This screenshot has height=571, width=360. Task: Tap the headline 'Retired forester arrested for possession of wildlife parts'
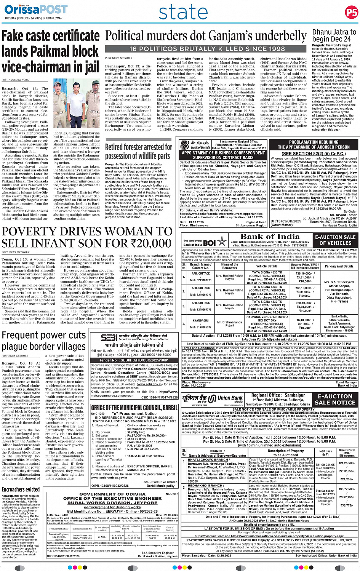[139, 151]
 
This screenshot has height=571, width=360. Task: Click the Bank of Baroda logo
[195, 145]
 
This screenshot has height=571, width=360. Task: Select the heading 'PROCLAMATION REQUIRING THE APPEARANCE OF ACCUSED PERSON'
[314, 145]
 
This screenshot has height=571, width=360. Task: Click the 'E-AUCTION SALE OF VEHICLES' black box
[335, 240]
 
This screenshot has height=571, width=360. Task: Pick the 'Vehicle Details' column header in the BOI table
[267, 266]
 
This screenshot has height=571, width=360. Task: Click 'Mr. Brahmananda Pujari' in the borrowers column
[230, 324]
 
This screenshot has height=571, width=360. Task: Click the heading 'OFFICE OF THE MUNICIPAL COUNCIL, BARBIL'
[134, 408]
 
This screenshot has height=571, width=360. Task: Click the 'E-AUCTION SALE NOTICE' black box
[335, 399]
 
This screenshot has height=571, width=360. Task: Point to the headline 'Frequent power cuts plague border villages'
[44, 341]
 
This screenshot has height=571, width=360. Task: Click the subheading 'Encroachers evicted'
[21, 489]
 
